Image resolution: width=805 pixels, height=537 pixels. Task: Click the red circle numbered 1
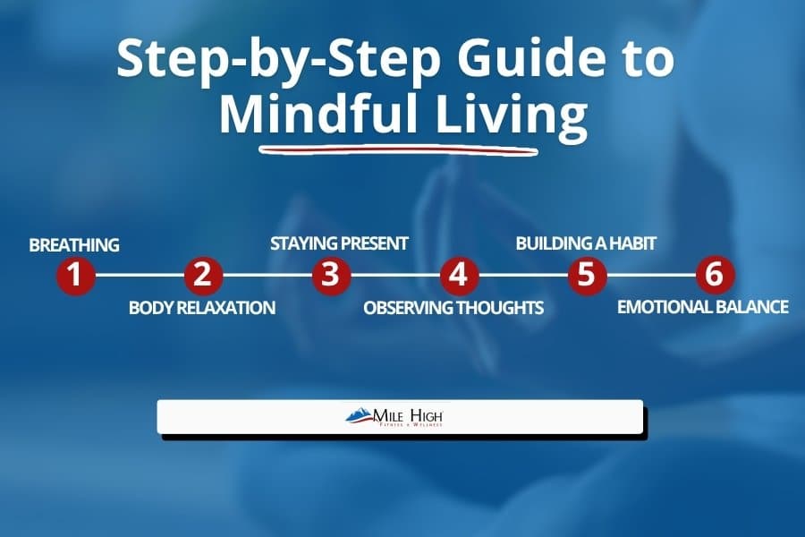pyautogui.click(x=75, y=276)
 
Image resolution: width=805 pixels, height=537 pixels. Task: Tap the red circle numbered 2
pyautogui.click(x=203, y=276)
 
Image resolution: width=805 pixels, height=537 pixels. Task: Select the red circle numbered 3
pyautogui.click(x=331, y=276)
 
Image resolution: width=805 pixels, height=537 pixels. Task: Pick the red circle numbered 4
pyautogui.click(x=459, y=276)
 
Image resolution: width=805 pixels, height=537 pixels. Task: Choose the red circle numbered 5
pyautogui.click(x=586, y=276)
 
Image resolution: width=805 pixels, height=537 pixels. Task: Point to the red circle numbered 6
pyautogui.click(x=714, y=276)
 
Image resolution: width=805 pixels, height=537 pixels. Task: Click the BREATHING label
pyautogui.click(x=74, y=243)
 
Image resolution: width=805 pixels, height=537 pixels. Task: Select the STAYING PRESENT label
pyautogui.click(x=339, y=243)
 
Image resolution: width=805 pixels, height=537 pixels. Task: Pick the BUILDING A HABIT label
pyautogui.click(x=587, y=243)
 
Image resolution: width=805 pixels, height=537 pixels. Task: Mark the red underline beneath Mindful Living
pyautogui.click(x=398, y=147)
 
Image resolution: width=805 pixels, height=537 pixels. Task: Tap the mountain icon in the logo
pyautogui.click(x=360, y=414)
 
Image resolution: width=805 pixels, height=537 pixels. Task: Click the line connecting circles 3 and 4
pyautogui.click(x=394, y=276)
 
